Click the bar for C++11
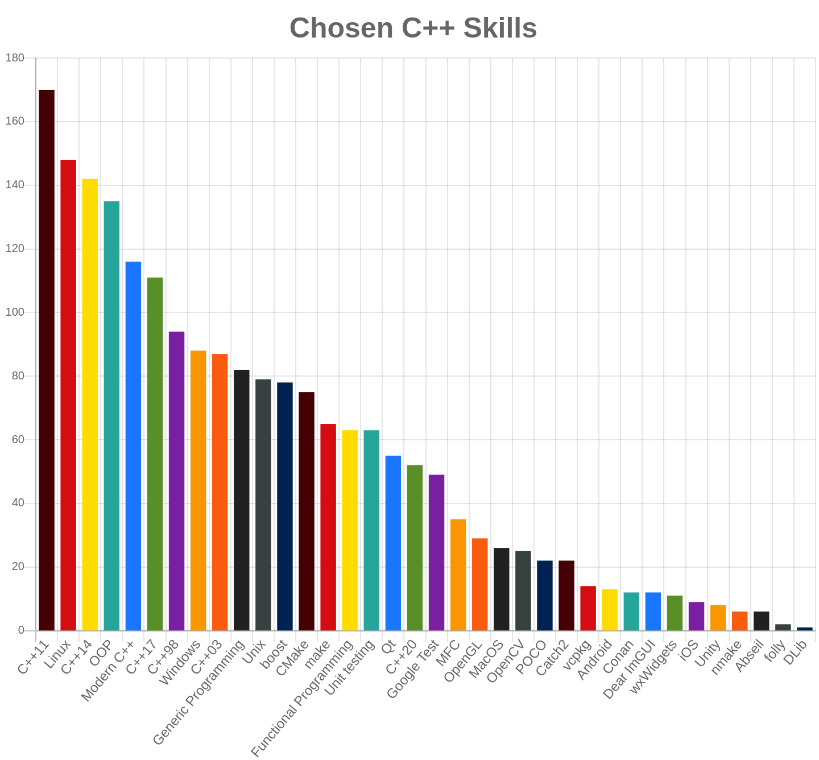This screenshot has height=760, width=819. [x=47, y=360]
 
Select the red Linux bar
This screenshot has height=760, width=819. [x=68, y=395]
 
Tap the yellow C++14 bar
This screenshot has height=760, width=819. [x=90, y=404]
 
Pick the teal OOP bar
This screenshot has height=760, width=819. [x=111, y=415]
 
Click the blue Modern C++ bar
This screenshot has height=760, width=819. [x=133, y=445]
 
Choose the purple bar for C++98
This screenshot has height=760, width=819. [x=176, y=481]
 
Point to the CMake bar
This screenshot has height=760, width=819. [x=307, y=511]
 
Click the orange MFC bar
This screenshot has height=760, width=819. [x=458, y=575]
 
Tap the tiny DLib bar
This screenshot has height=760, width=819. [x=805, y=629]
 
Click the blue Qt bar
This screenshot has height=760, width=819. [x=393, y=543]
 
